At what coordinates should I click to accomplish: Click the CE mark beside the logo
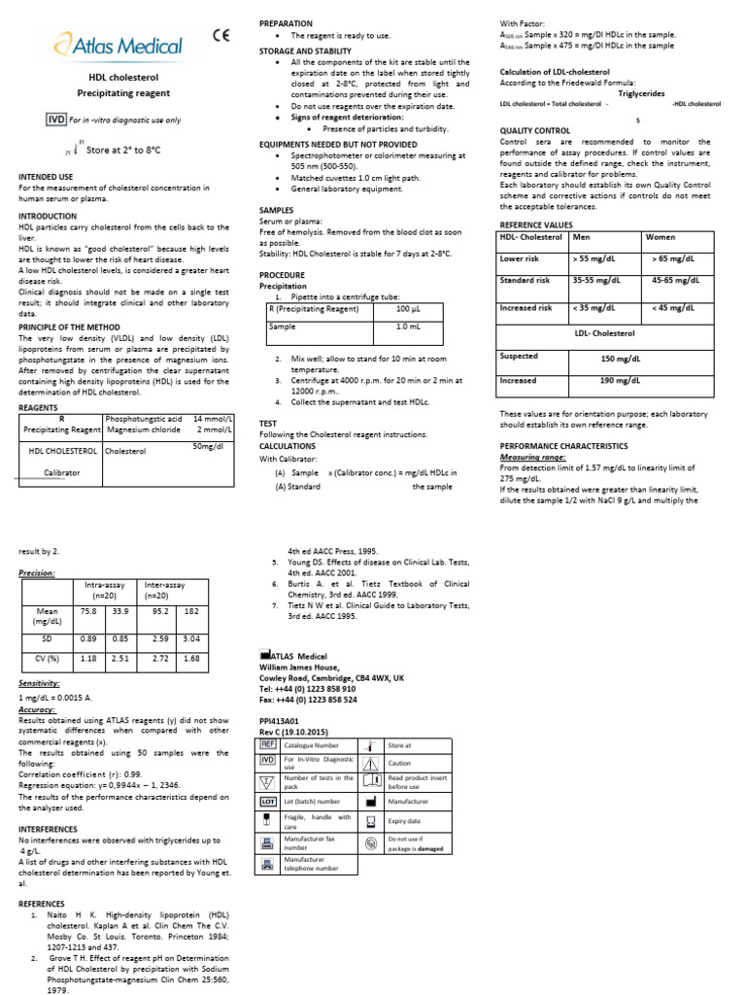pyautogui.click(x=221, y=37)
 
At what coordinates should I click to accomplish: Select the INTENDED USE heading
pyautogui.click(x=46, y=177)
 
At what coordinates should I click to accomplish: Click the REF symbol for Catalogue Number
pyautogui.click(x=268, y=744)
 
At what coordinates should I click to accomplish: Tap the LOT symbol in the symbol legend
pyautogui.click(x=268, y=801)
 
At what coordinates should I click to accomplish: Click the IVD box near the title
pyautogui.click(x=55, y=120)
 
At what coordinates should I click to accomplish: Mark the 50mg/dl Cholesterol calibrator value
pyautogui.click(x=209, y=446)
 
